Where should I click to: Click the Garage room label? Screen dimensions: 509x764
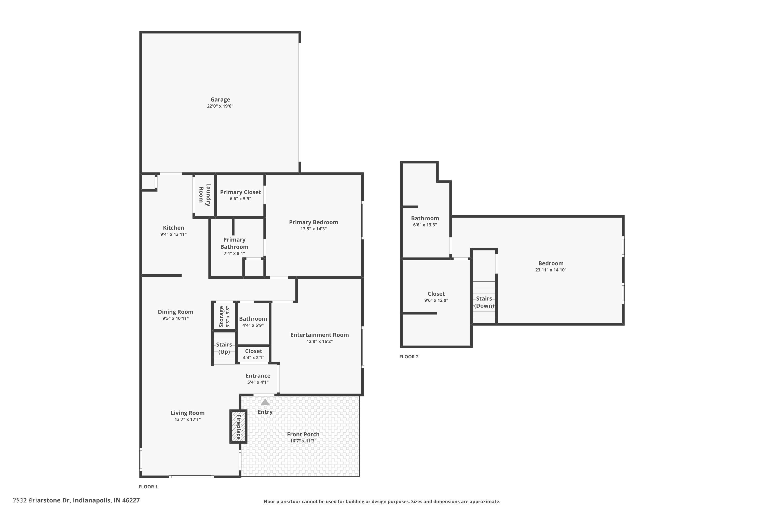click(x=220, y=100)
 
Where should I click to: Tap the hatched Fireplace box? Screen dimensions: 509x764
click(x=238, y=427)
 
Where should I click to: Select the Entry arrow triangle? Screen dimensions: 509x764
click(x=265, y=402)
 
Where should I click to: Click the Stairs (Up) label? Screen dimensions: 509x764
click(x=224, y=348)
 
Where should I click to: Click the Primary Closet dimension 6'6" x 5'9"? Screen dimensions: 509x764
click(x=240, y=199)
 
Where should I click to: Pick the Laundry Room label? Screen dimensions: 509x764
click(x=205, y=195)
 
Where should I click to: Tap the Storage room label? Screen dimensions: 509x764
click(x=222, y=317)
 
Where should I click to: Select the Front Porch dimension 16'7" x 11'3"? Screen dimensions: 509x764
click(x=303, y=441)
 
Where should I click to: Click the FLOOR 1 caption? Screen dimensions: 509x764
click(x=148, y=487)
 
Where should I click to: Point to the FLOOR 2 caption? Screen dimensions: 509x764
click(x=409, y=357)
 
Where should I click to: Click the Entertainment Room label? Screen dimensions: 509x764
click(x=319, y=335)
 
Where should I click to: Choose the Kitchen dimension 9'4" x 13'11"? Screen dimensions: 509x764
click(x=173, y=234)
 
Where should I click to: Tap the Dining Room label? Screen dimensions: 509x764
click(x=175, y=312)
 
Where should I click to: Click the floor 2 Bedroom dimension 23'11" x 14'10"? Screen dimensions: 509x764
click(x=551, y=270)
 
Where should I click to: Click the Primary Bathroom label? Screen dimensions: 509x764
click(x=234, y=243)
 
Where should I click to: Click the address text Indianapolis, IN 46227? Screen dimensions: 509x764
click(x=106, y=500)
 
